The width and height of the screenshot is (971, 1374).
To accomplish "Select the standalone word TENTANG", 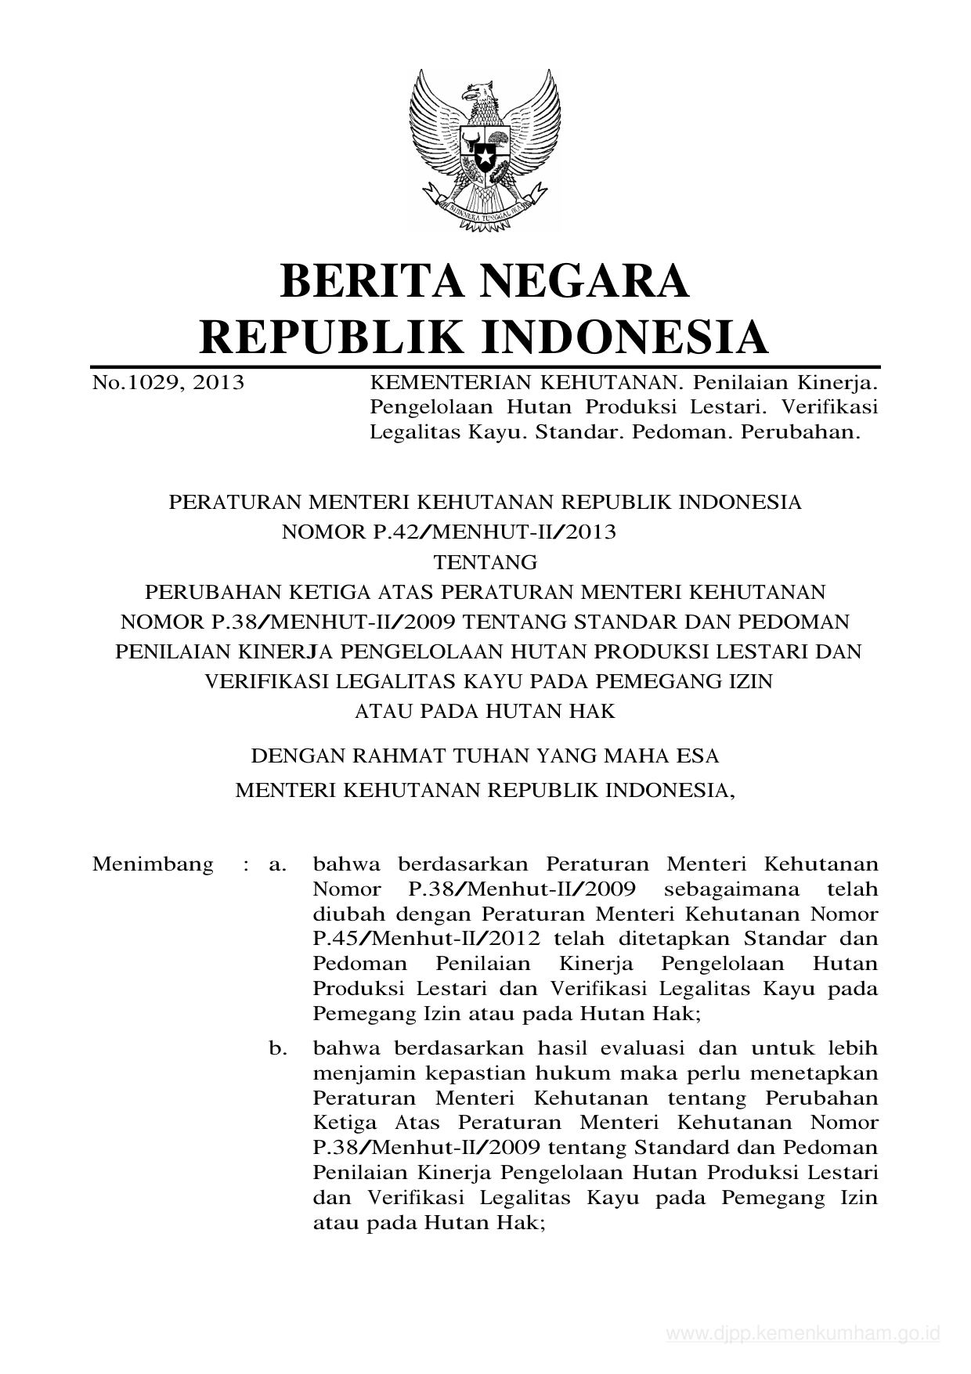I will pos(485,562).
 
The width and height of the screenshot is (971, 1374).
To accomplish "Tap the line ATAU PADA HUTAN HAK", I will pos(485,711).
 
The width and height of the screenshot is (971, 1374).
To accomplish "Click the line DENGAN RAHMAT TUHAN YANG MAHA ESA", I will pos(484,756).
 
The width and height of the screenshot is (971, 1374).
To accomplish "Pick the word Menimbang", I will pos(153,864).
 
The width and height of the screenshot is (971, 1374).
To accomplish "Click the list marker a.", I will pos(276,864).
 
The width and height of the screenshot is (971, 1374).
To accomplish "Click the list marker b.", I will pos(277,1048).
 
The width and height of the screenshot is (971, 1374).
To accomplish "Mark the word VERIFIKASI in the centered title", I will pos(264,681).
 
